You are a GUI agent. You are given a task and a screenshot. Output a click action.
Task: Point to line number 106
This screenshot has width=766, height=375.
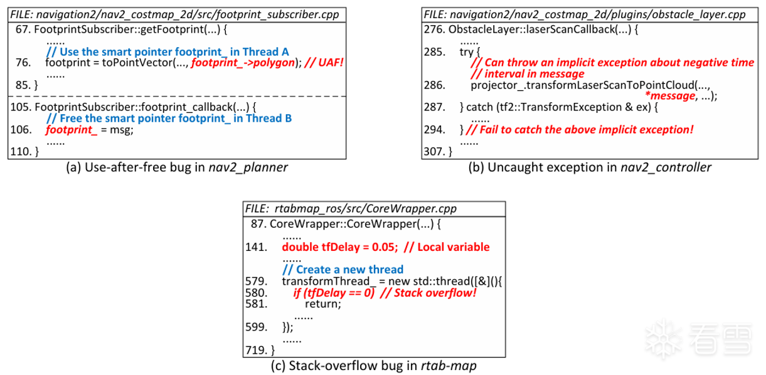click(21, 129)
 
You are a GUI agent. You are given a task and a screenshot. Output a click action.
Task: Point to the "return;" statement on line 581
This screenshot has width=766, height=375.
click(322, 304)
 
